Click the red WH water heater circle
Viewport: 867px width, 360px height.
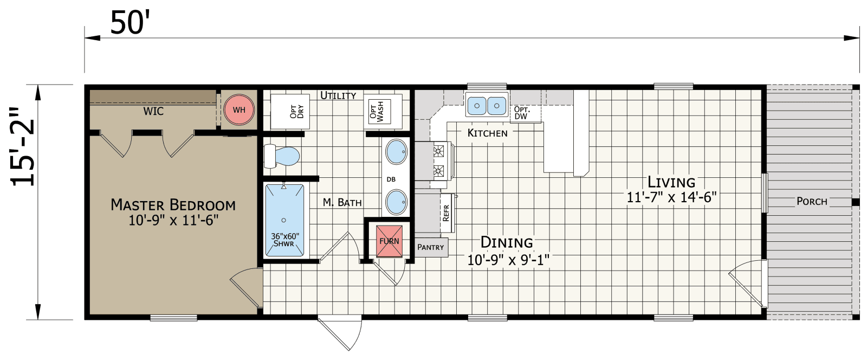[239, 110]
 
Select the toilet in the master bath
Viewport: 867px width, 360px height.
[282, 156]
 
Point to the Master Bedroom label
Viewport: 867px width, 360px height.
[173, 205]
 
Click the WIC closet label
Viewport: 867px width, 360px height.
[153, 112]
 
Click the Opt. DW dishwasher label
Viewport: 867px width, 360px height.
[522, 113]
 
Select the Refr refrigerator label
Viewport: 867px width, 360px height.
[446, 213]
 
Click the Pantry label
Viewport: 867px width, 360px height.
[431, 247]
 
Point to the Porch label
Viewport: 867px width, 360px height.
[812, 201]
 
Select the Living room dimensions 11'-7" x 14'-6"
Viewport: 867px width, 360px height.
[671, 197]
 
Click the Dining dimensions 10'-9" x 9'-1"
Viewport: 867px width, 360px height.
[508, 261]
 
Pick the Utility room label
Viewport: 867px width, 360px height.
[338, 95]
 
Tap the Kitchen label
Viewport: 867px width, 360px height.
[487, 133]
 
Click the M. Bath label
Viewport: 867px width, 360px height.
[342, 202]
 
